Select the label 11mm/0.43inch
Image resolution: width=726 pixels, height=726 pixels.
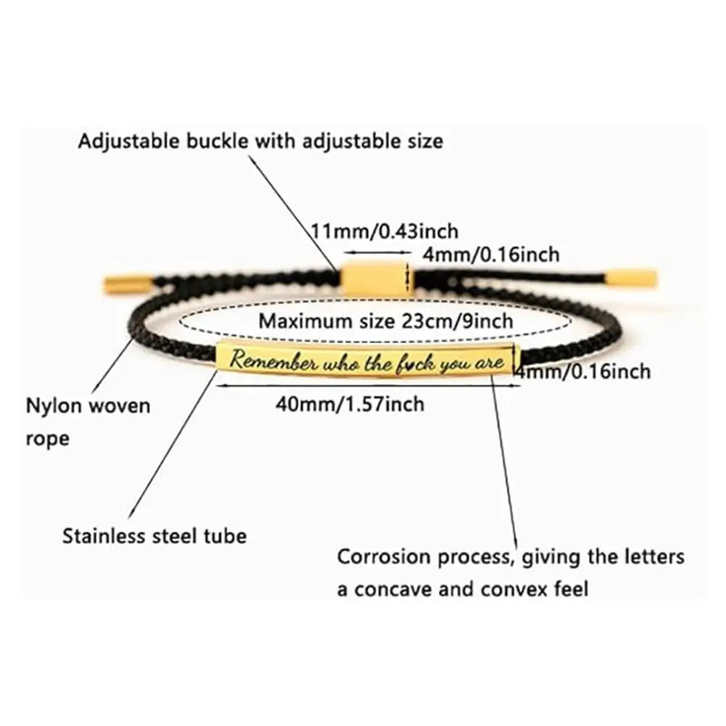384,231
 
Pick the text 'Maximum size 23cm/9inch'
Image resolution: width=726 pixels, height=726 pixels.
386,320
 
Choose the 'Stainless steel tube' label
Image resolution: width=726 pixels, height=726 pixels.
154,536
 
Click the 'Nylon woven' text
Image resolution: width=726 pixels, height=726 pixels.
88,405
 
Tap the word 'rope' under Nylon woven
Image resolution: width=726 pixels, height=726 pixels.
48,438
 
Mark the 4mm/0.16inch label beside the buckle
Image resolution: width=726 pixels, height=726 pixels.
491,255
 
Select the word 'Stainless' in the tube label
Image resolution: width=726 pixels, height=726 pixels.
106,536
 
